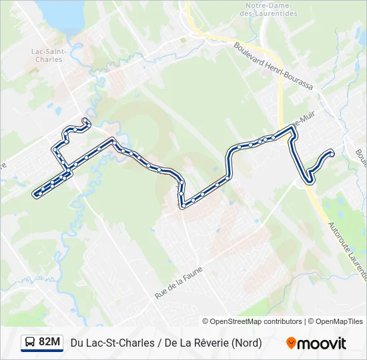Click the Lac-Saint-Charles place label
(x=47, y=55)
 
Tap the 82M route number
(x=50, y=343)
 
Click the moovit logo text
(x=322, y=343)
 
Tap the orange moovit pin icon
(x=291, y=343)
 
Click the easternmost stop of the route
(x=332, y=154)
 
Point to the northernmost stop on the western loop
(x=85, y=121)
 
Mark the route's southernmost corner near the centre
(x=182, y=206)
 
